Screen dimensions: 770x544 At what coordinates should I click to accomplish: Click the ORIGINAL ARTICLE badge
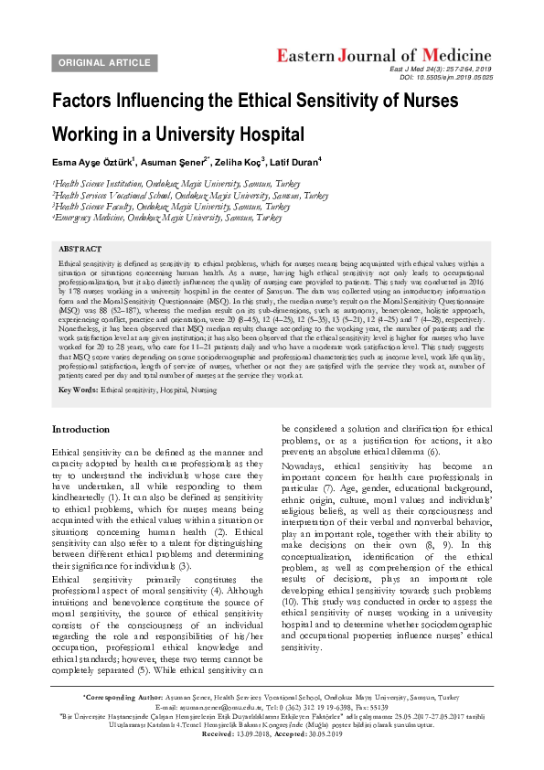104,62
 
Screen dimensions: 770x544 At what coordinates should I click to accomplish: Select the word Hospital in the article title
261,135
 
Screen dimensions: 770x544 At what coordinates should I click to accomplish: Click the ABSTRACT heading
80,248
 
